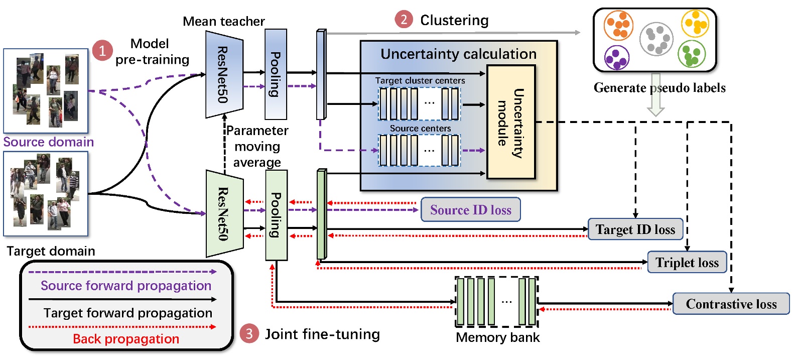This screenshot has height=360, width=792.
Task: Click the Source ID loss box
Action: [470, 210]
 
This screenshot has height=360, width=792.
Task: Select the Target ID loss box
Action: [635, 229]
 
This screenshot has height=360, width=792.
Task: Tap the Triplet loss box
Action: [687, 263]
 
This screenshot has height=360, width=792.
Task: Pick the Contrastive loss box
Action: [731, 304]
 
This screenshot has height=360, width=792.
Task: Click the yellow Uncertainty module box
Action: [511, 122]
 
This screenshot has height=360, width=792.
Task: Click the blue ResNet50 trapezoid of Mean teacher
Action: [224, 74]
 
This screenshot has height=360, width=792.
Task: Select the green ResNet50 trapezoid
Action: [224, 213]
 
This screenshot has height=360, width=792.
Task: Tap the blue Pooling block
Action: [276, 74]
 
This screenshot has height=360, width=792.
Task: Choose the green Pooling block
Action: [276, 215]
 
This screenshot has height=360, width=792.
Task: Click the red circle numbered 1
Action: [102, 51]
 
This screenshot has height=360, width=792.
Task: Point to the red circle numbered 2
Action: [404, 20]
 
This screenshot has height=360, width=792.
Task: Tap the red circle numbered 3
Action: [249, 334]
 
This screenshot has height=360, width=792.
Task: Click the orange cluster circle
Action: [618, 25]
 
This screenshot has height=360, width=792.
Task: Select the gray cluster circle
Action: [656, 39]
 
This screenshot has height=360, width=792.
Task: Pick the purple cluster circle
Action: [616, 57]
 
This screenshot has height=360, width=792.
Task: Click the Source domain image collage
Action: [46, 91]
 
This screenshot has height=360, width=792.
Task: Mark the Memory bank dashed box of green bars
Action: [496, 301]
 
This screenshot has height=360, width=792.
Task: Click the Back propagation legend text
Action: [126, 339]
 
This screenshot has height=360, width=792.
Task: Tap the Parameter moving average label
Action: [257, 146]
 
